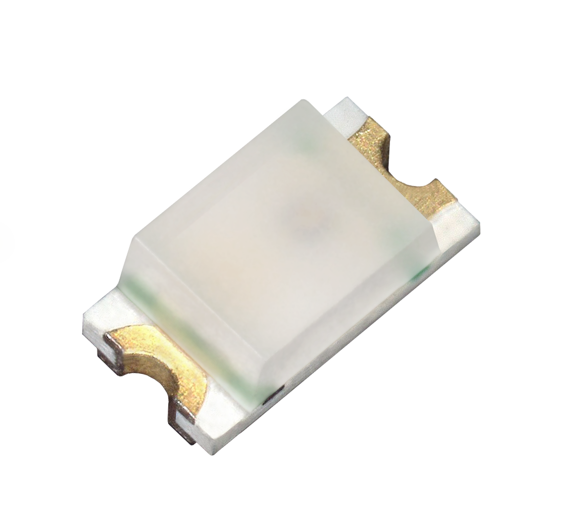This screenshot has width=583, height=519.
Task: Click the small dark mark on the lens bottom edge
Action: click(271, 394)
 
